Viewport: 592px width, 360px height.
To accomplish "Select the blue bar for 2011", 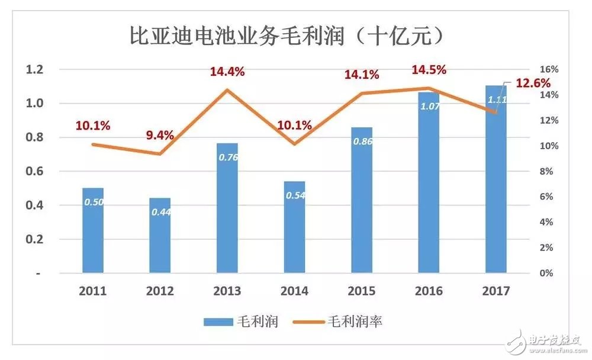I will (93, 231).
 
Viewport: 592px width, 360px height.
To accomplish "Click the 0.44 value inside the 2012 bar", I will (160, 212).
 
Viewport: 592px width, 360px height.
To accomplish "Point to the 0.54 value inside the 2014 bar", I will (295, 195).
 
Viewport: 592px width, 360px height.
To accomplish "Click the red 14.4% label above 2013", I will (227, 72).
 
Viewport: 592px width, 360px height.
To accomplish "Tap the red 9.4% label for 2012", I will (160, 135).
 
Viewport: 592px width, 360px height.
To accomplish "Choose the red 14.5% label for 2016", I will (429, 69).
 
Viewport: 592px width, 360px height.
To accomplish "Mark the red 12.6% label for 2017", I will (533, 83).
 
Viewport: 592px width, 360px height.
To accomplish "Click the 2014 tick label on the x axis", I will (294, 291).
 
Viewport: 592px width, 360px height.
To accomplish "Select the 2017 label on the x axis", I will (496, 291).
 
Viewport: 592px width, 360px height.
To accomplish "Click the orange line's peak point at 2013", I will (227, 89).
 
